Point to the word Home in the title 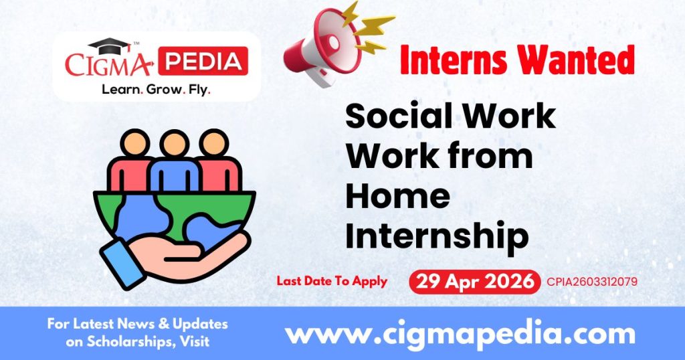pos(397,195)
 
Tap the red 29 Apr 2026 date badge pos(474,282)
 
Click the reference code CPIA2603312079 pos(591,282)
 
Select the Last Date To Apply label pos(332,281)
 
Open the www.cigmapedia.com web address pos(460,333)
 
